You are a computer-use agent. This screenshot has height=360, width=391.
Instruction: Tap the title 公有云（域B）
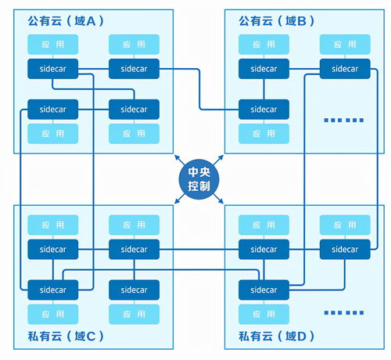[x=277, y=20]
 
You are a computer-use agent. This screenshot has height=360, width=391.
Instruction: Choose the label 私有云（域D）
[x=276, y=337]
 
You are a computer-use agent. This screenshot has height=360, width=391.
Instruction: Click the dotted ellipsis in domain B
[x=343, y=120]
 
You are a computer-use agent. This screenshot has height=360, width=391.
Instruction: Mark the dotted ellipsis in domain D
[x=343, y=312]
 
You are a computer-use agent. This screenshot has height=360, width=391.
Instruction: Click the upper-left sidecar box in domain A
[x=53, y=68]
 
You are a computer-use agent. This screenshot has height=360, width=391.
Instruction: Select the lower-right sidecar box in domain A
[x=134, y=109]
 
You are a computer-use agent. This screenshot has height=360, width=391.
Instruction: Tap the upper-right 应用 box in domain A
[x=134, y=45]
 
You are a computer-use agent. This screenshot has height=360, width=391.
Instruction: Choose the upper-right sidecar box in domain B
[x=345, y=68]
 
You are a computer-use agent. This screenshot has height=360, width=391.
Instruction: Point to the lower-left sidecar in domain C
[x=53, y=290]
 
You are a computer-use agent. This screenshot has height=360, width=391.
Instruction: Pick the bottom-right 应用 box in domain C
[x=134, y=313]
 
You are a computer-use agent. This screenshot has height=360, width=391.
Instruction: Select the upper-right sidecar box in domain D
[x=345, y=250]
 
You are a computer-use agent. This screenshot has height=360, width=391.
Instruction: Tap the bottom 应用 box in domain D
[x=264, y=313]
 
